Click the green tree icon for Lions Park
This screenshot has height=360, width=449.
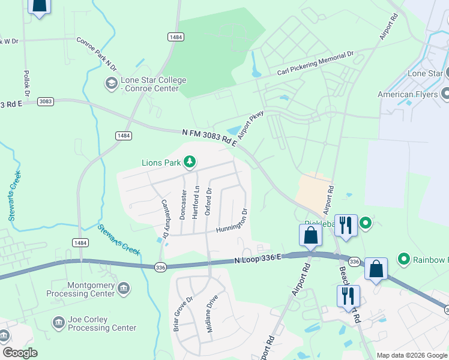pyautogui.click(x=190, y=161)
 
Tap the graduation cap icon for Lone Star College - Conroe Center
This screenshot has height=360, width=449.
pyautogui.click(x=111, y=84)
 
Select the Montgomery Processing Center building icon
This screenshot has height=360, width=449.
pyautogui.click(x=124, y=289)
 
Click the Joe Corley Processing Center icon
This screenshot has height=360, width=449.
pyautogui.click(x=59, y=323)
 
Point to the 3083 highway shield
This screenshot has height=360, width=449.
pyautogui.click(x=45, y=101)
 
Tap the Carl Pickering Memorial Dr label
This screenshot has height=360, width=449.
pyautogui.click(x=316, y=64)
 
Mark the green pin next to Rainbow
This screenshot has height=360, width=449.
pyautogui.click(x=404, y=259)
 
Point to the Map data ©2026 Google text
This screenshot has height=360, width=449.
pyautogui.click(x=411, y=355)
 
